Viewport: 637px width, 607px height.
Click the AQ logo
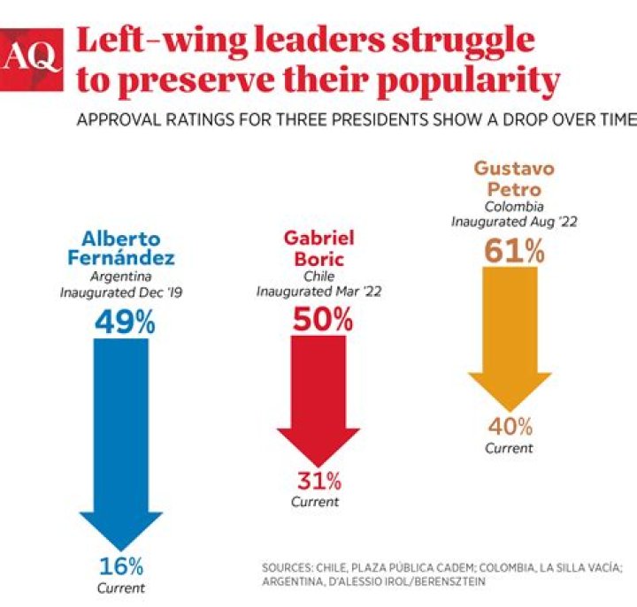(x=33, y=58)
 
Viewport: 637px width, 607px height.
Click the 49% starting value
(x=125, y=322)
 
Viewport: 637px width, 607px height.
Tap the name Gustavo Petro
(x=513, y=178)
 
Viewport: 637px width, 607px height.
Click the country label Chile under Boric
(x=318, y=276)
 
